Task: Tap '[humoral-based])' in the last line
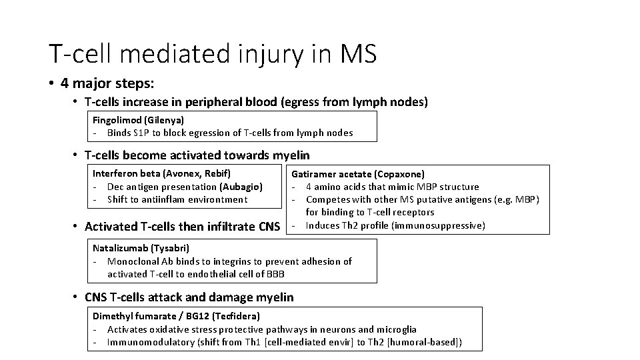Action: [x=427, y=342]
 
